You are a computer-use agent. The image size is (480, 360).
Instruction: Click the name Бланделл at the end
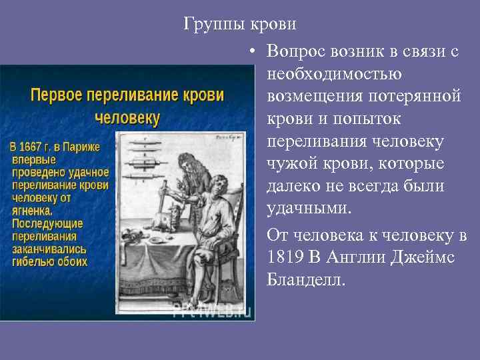(x=305, y=279)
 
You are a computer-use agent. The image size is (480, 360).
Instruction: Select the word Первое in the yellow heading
(x=55, y=95)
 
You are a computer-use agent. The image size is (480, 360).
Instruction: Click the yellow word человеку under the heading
(x=127, y=119)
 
